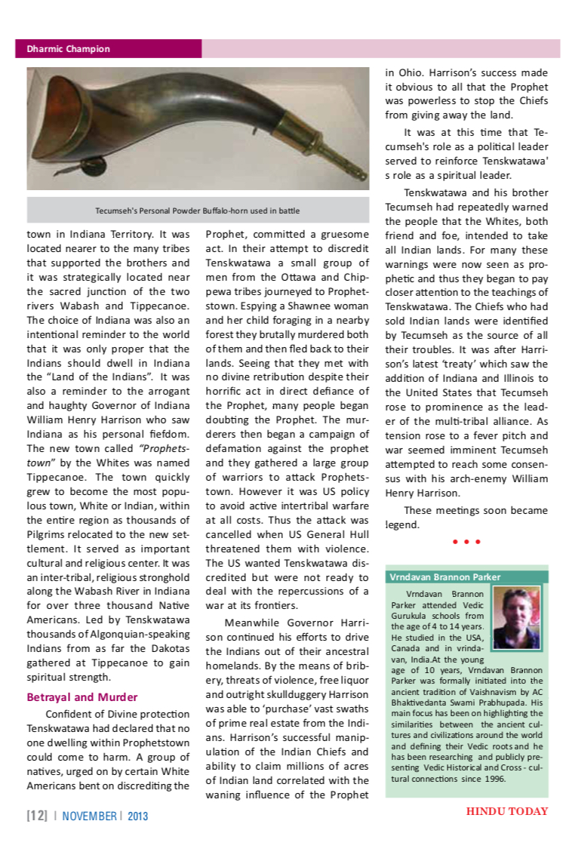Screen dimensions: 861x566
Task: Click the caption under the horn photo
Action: (198, 211)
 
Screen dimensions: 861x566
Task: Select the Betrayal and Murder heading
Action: (82, 696)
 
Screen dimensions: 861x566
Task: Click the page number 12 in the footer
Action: (36, 816)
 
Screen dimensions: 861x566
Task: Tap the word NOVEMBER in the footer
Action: (89, 816)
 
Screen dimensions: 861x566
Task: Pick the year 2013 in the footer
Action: (138, 816)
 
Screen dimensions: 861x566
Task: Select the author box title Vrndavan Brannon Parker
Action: (444, 577)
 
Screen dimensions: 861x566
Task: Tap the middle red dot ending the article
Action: (466, 542)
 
